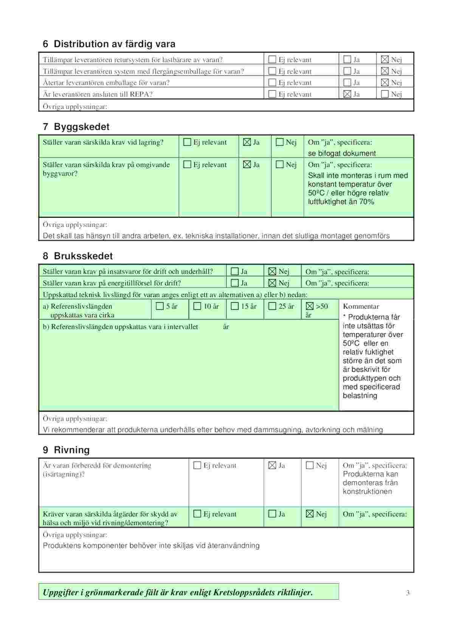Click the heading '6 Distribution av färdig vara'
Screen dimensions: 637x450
[109, 44]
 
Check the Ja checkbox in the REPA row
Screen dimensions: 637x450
[347, 94]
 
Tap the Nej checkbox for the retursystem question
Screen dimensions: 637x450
[385, 59]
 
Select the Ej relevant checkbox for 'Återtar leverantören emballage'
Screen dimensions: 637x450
[272, 82]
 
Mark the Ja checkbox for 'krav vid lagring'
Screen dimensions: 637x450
[247, 142]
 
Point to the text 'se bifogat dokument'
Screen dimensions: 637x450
[342, 153]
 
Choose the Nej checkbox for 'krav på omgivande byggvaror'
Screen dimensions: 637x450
[279, 165]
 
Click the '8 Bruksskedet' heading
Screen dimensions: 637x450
[78, 256]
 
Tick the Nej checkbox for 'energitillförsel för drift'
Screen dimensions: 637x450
[272, 283]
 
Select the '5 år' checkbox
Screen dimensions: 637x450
[160, 306]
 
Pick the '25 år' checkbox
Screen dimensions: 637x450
[272, 306]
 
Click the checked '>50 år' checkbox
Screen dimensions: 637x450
[310, 306]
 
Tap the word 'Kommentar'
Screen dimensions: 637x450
[361, 306]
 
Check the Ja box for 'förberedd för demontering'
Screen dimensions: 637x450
[272, 465]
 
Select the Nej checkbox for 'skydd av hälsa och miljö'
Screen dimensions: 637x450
[310, 514]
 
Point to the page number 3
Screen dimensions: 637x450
[408, 593]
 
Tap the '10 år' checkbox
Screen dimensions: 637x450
[197, 306]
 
